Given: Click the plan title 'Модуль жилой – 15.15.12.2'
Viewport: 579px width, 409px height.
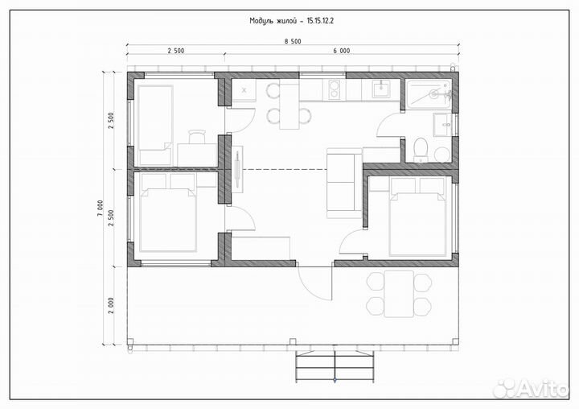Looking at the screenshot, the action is [x=291, y=21].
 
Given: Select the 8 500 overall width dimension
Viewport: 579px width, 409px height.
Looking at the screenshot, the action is [x=293, y=41].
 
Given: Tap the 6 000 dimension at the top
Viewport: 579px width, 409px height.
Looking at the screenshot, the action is [x=342, y=51].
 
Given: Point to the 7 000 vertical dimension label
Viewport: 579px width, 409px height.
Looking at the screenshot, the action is [x=101, y=209].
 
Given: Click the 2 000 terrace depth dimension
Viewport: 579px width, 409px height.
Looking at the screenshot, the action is [x=111, y=305].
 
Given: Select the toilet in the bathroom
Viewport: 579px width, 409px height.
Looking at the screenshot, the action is [x=421, y=150].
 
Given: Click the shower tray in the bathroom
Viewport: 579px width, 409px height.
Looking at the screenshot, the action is [x=429, y=94].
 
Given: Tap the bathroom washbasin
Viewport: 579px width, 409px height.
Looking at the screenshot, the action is [x=442, y=125].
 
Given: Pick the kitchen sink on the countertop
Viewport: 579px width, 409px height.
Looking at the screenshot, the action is [x=380, y=89].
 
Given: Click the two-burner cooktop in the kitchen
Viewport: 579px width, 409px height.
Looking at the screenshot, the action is [x=334, y=89].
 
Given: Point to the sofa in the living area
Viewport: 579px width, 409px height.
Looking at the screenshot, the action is [x=344, y=183].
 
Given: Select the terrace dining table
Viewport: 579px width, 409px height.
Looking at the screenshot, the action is [x=399, y=294].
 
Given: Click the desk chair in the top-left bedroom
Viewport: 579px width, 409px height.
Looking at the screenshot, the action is [x=197, y=136].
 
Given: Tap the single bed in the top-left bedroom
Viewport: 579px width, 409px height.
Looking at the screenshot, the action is [x=155, y=125].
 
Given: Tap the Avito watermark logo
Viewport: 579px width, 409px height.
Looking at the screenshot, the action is [x=531, y=388].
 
